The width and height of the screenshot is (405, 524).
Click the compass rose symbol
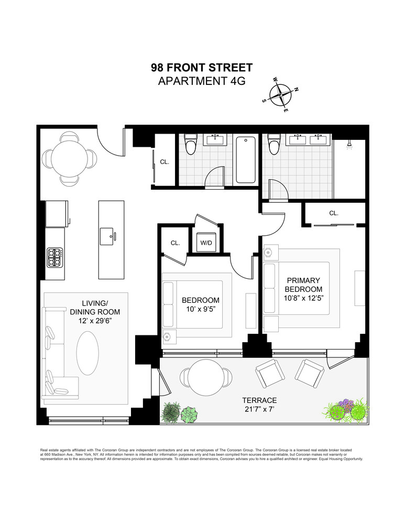(x=283, y=95)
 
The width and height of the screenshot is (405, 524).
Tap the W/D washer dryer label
(x=205, y=243)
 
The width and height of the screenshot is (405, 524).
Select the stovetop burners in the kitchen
(x=55, y=257)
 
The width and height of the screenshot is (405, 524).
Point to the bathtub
(x=246, y=160)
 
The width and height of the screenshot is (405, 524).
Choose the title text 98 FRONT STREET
(x=202, y=68)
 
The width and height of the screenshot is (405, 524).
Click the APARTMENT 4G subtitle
(x=202, y=81)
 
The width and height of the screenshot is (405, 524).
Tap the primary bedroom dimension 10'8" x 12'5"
(x=303, y=298)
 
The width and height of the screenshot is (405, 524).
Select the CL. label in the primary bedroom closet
(x=334, y=213)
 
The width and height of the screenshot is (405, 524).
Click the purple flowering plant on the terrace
(x=346, y=405)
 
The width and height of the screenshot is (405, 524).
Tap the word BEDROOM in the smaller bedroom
(x=201, y=300)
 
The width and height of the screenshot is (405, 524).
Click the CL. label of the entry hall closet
(x=165, y=162)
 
